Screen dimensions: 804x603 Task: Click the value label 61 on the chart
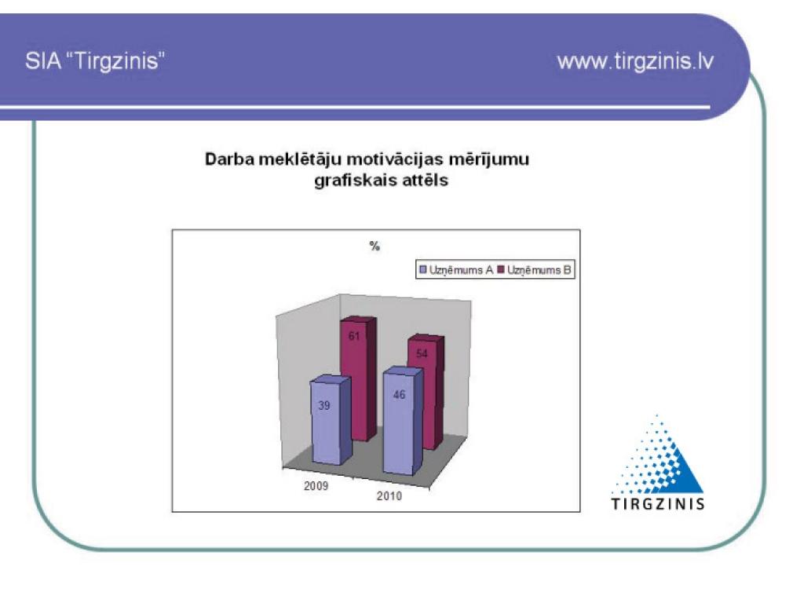click(354, 336)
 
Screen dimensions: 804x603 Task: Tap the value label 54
click(422, 354)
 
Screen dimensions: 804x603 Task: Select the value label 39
click(324, 406)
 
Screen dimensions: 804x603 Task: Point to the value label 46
click(399, 394)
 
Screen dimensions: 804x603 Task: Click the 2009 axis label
click(316, 485)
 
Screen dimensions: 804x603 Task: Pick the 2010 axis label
click(389, 496)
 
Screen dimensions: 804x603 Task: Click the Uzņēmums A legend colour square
click(423, 270)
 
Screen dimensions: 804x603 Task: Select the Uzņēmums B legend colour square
click(501, 270)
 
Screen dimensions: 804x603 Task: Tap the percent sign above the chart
click(375, 246)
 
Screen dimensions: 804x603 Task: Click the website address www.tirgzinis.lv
click(635, 61)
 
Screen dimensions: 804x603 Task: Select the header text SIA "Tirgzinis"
click(95, 61)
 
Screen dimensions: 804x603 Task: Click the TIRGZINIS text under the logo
click(658, 504)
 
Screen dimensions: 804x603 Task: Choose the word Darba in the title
click(230, 159)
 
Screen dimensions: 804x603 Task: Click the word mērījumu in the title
click(489, 159)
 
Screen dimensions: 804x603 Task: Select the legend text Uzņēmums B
click(539, 270)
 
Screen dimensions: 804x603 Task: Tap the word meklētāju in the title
click(300, 159)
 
